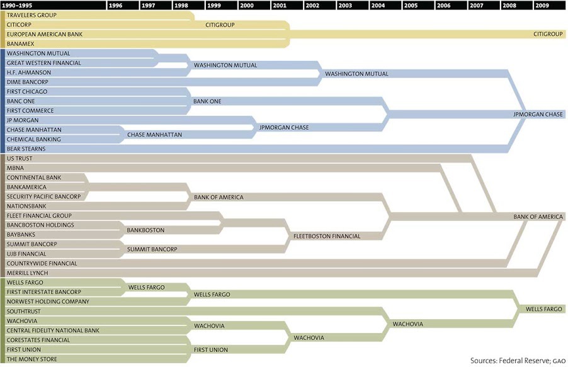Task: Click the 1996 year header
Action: click(x=116, y=5)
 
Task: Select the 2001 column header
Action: click(x=280, y=5)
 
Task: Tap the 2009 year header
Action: click(x=542, y=5)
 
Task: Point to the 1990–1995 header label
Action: click(x=18, y=5)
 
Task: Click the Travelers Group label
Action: click(x=31, y=14)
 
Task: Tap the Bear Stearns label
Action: click(x=26, y=149)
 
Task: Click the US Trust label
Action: click(x=20, y=159)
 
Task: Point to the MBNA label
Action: click(x=15, y=168)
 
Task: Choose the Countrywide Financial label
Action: click(x=42, y=263)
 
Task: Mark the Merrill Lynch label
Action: click(x=27, y=273)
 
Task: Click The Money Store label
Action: click(x=31, y=359)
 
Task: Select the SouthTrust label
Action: click(x=24, y=311)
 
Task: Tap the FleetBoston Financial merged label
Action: click(x=327, y=236)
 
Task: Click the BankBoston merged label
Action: click(x=145, y=230)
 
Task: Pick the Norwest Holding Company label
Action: click(x=47, y=302)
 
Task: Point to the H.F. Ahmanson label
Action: click(x=29, y=72)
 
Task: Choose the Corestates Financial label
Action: click(x=38, y=340)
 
